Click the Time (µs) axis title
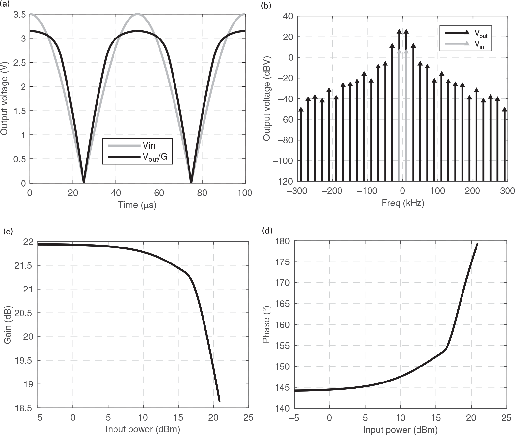point(137,205)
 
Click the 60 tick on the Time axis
point(159,193)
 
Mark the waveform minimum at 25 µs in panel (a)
point(84,182)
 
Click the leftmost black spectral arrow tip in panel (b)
point(301,109)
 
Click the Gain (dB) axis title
point(8,325)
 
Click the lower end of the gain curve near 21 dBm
point(219,401)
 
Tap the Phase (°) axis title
point(266,325)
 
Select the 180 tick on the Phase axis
point(282,241)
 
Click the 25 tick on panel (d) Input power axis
point(506,418)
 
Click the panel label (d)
point(267,231)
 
